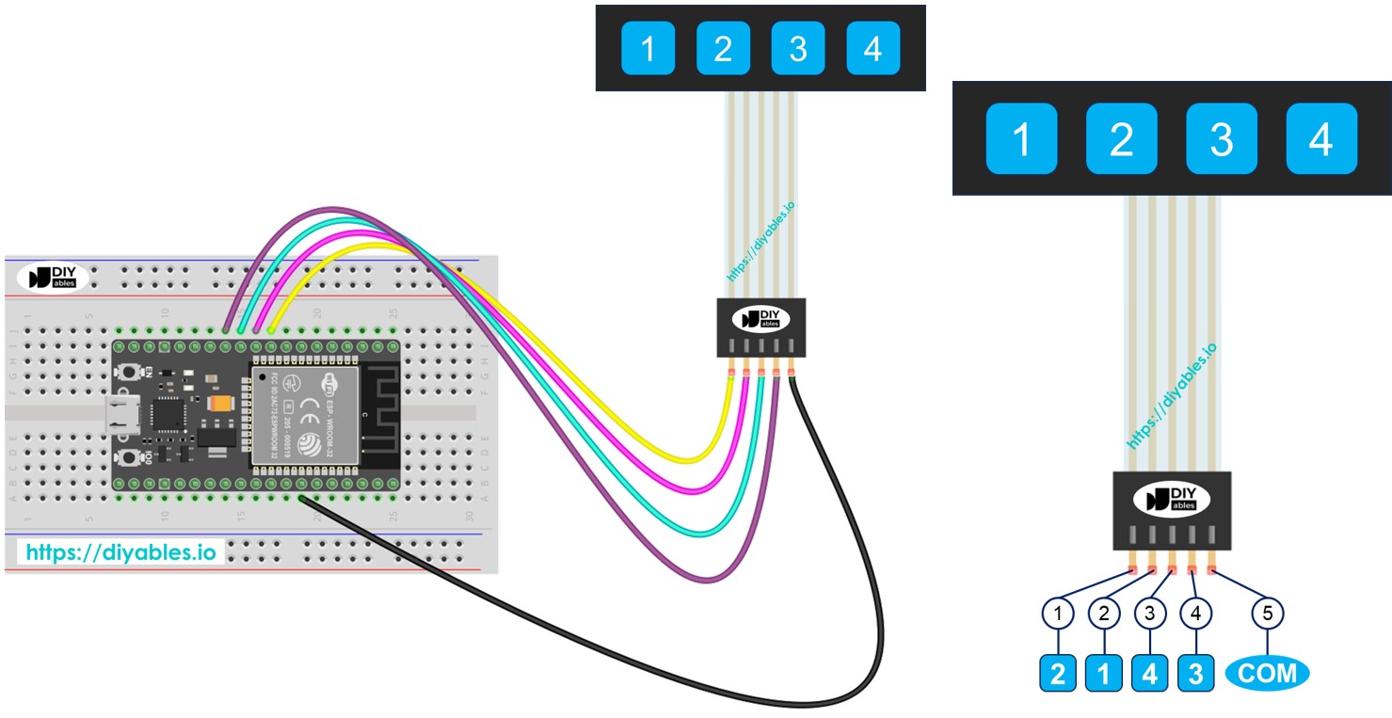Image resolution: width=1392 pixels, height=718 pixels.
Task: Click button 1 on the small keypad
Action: point(648,48)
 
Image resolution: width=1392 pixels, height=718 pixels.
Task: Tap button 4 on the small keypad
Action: point(873,48)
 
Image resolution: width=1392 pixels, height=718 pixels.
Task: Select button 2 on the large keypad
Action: point(1121,139)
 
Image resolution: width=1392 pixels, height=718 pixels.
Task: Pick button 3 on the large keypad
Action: point(1221,139)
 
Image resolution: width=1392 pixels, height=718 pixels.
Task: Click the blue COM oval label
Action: point(1268,673)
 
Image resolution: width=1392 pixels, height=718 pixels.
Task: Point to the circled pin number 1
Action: point(1059,614)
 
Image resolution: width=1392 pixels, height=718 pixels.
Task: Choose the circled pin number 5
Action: point(1268,614)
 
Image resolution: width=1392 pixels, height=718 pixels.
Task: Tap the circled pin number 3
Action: point(1150,614)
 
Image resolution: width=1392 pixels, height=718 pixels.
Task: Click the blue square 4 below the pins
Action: point(1150,674)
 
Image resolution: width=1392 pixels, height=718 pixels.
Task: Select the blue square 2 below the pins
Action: point(1059,674)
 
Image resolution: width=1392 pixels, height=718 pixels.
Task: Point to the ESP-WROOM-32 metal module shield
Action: point(305,414)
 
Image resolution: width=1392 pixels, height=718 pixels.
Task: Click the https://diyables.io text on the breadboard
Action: point(119,552)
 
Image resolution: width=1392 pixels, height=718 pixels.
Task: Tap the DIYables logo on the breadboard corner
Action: point(53,277)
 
